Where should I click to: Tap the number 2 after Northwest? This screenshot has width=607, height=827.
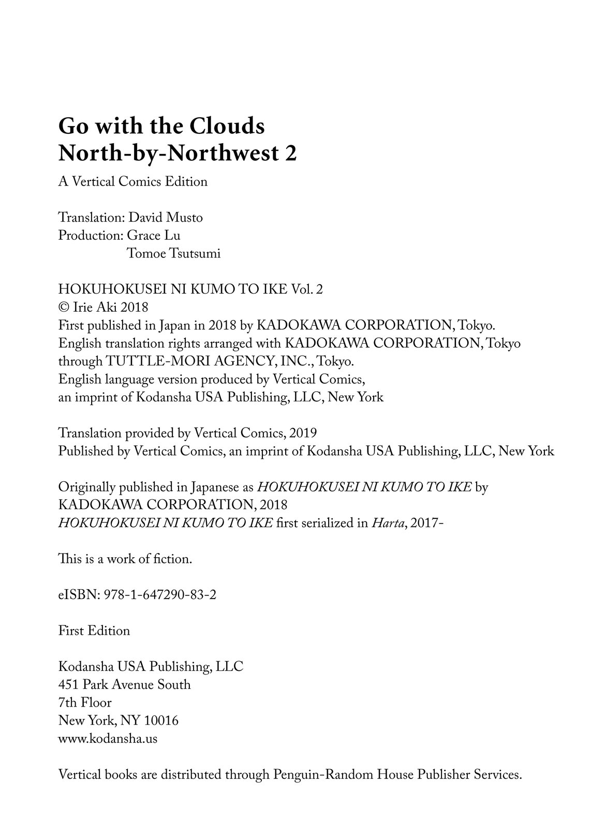291,154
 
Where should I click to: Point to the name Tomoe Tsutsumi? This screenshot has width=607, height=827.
173,254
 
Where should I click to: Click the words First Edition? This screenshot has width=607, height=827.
94,631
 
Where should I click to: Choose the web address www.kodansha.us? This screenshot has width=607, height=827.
108,739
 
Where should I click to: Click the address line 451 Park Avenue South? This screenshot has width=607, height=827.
125,685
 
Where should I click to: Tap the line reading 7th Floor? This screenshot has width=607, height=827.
85,703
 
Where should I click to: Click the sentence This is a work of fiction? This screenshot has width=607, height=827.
125,559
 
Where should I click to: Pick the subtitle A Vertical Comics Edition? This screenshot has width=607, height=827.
133,182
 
